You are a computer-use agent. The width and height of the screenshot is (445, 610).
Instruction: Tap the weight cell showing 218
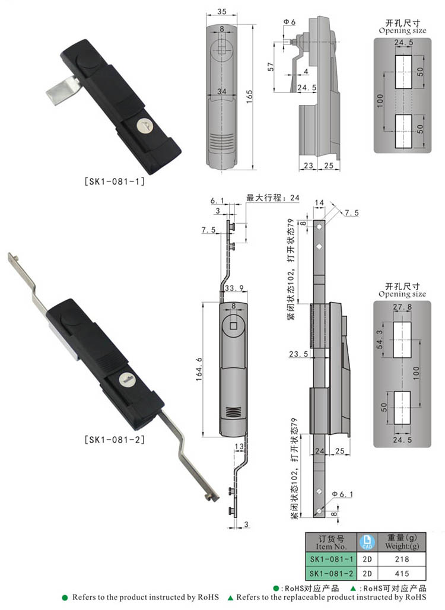pyautogui.click(x=401, y=559)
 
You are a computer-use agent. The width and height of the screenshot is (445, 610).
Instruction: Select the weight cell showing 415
pyautogui.click(x=401, y=573)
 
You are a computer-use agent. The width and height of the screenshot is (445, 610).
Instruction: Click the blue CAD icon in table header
pyautogui.click(x=366, y=541)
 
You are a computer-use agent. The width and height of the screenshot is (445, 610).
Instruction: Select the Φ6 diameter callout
pyautogui.click(x=290, y=22)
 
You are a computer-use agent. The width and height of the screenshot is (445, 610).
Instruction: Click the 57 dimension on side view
pyautogui.click(x=270, y=66)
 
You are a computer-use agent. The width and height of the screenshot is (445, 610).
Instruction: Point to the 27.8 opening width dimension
pyautogui.click(x=402, y=307)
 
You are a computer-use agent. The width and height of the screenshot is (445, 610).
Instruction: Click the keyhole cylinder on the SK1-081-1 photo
pyautogui.click(x=141, y=125)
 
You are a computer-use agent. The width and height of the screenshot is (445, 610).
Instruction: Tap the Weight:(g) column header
pyautogui.click(x=401, y=542)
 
